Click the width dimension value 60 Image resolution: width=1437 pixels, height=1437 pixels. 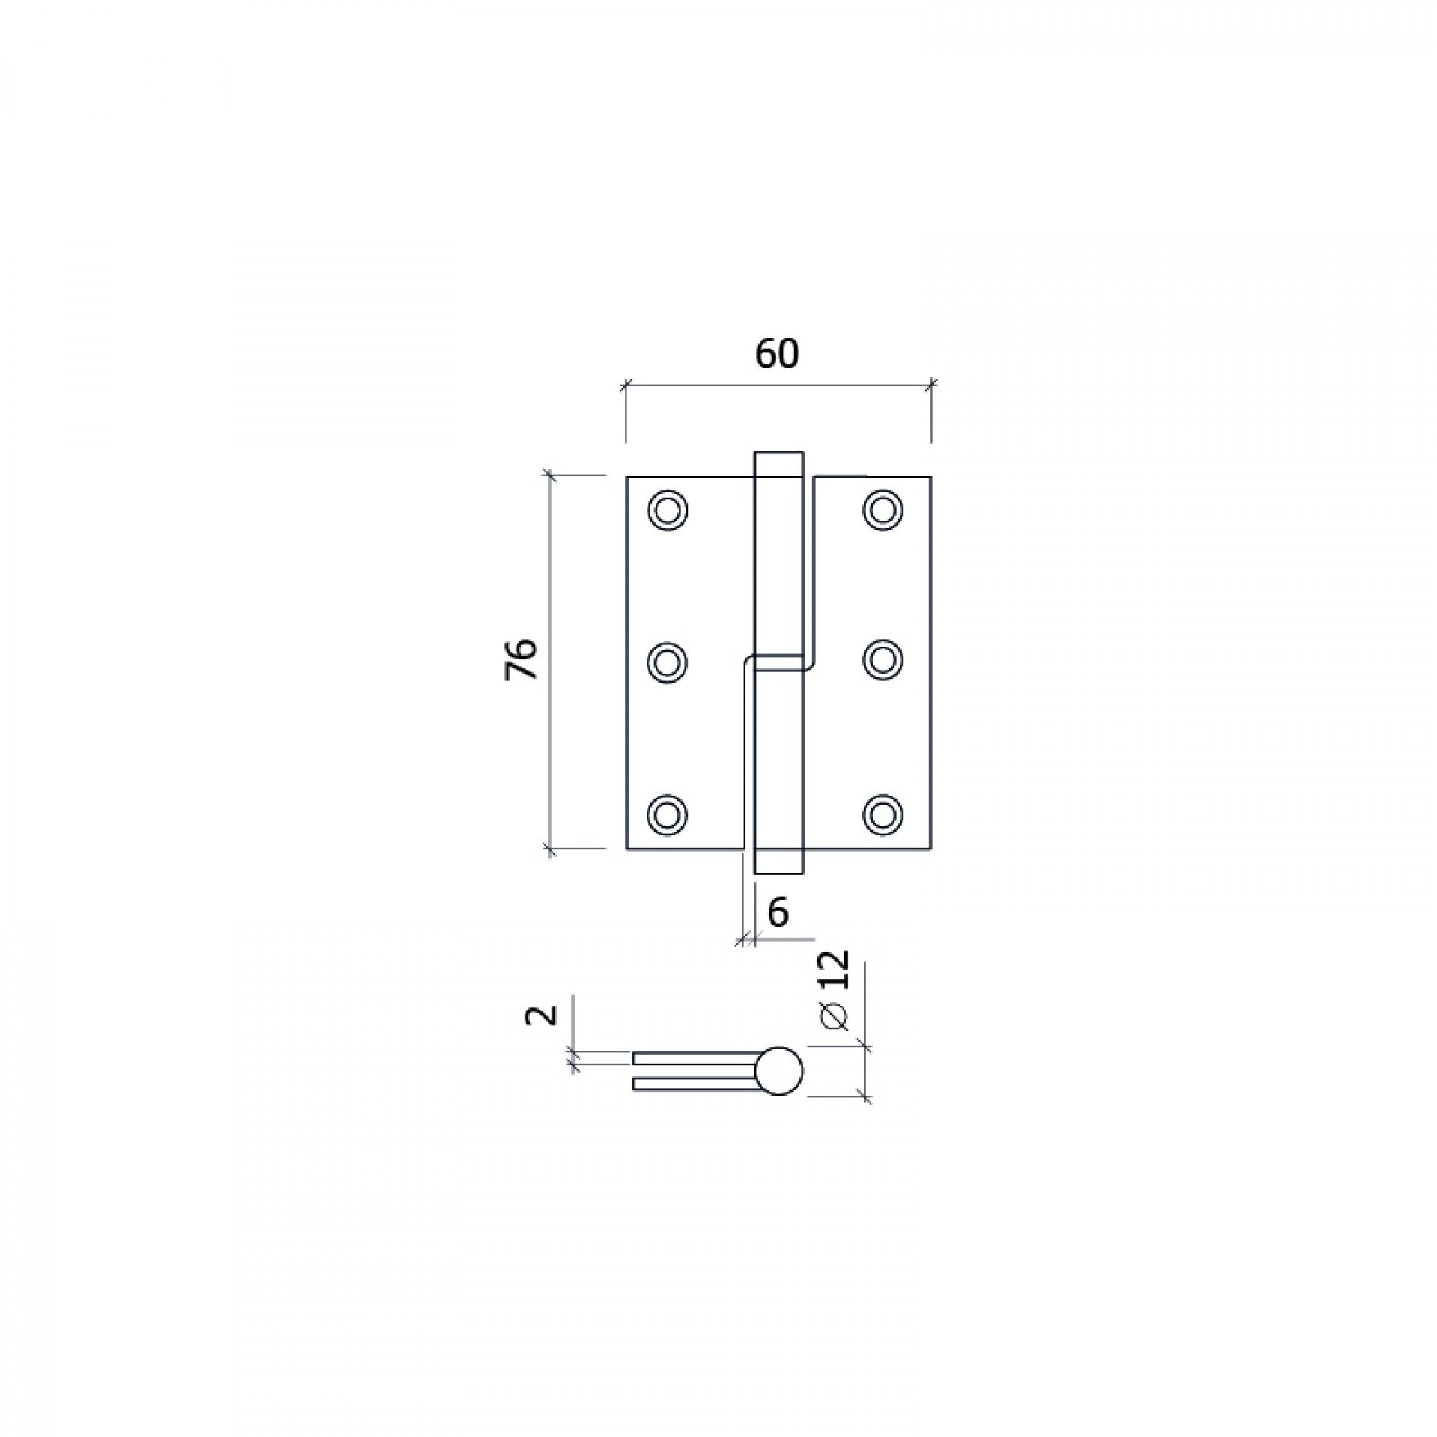point(777,354)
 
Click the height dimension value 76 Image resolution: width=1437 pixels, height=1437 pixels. point(522,659)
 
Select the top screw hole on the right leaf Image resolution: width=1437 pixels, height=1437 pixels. point(883,510)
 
